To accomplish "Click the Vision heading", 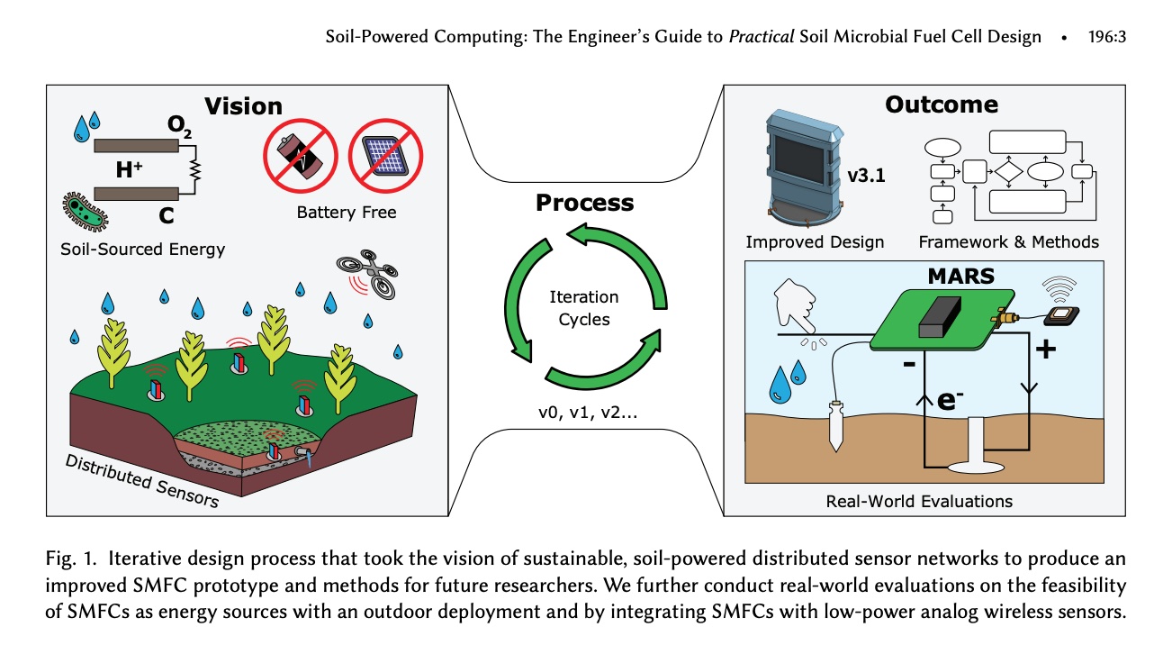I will [x=243, y=106].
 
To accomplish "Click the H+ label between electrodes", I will [x=129, y=168].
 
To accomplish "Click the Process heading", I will [x=584, y=203].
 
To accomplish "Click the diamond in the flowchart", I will [x=1007, y=171].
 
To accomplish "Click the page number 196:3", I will [x=1106, y=37].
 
